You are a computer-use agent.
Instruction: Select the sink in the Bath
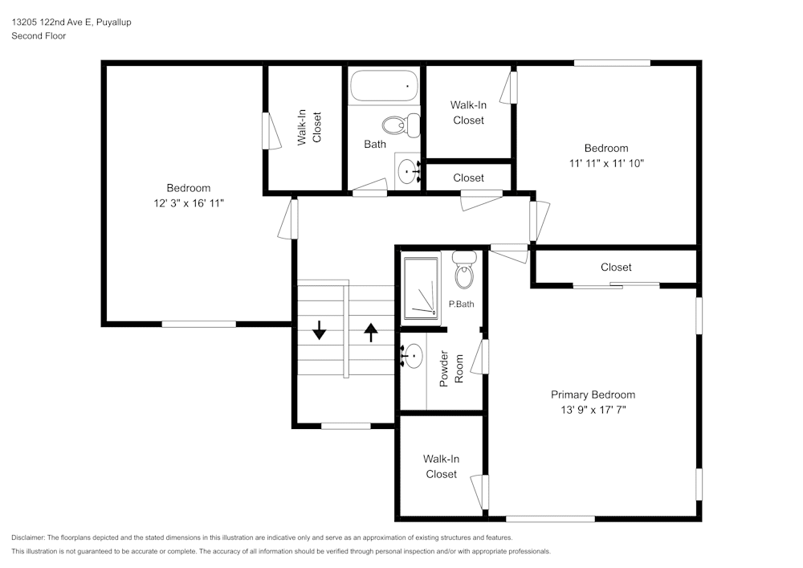click(410, 170)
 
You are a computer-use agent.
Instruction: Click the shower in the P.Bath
click(421, 287)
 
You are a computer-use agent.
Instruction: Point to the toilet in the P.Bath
click(464, 271)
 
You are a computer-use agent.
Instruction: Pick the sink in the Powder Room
click(413, 354)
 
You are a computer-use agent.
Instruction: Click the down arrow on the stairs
click(320, 330)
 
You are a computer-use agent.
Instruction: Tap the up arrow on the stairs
click(370, 330)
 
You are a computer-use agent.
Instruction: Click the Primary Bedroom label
click(593, 394)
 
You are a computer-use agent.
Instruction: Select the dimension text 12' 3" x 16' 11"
click(189, 203)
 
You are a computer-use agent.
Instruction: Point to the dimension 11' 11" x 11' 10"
click(606, 163)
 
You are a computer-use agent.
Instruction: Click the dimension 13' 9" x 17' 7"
click(593, 410)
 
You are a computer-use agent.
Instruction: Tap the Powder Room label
click(451, 369)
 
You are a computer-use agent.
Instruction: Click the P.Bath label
click(461, 304)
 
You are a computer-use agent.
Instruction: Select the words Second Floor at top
click(39, 36)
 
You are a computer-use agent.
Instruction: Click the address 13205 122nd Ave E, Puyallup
click(71, 22)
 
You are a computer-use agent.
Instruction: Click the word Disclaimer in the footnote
click(28, 537)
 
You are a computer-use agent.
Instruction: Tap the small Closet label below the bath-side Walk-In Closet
click(468, 178)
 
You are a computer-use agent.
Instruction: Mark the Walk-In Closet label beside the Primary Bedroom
click(441, 466)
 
